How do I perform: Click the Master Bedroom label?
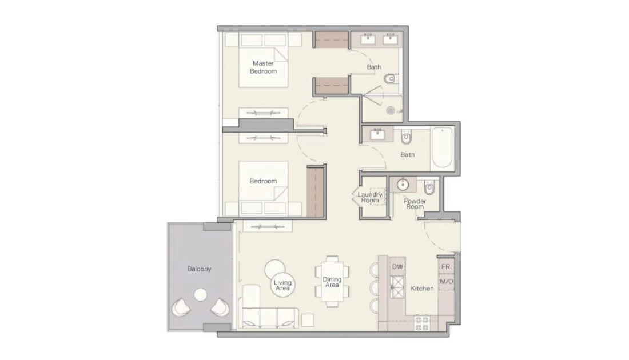tap(264, 67)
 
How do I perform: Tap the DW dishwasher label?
tap(397, 267)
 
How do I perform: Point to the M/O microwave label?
tap(447, 281)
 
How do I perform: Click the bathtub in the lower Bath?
tap(443, 147)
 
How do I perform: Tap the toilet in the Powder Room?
tap(429, 187)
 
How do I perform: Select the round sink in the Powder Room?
tap(403, 185)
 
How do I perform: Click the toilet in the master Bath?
tap(391, 79)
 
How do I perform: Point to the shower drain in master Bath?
tap(391, 111)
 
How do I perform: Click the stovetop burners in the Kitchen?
tap(422, 323)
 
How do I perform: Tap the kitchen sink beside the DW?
tap(398, 288)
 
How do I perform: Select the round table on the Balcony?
tap(201, 295)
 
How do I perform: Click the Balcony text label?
tap(200, 269)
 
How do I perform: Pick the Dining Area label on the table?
tap(332, 282)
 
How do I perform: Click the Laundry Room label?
tap(370, 197)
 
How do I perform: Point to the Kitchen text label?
tap(422, 288)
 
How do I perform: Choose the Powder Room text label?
tap(415, 203)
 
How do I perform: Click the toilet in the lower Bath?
tap(407, 137)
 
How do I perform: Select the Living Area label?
tap(283, 285)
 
